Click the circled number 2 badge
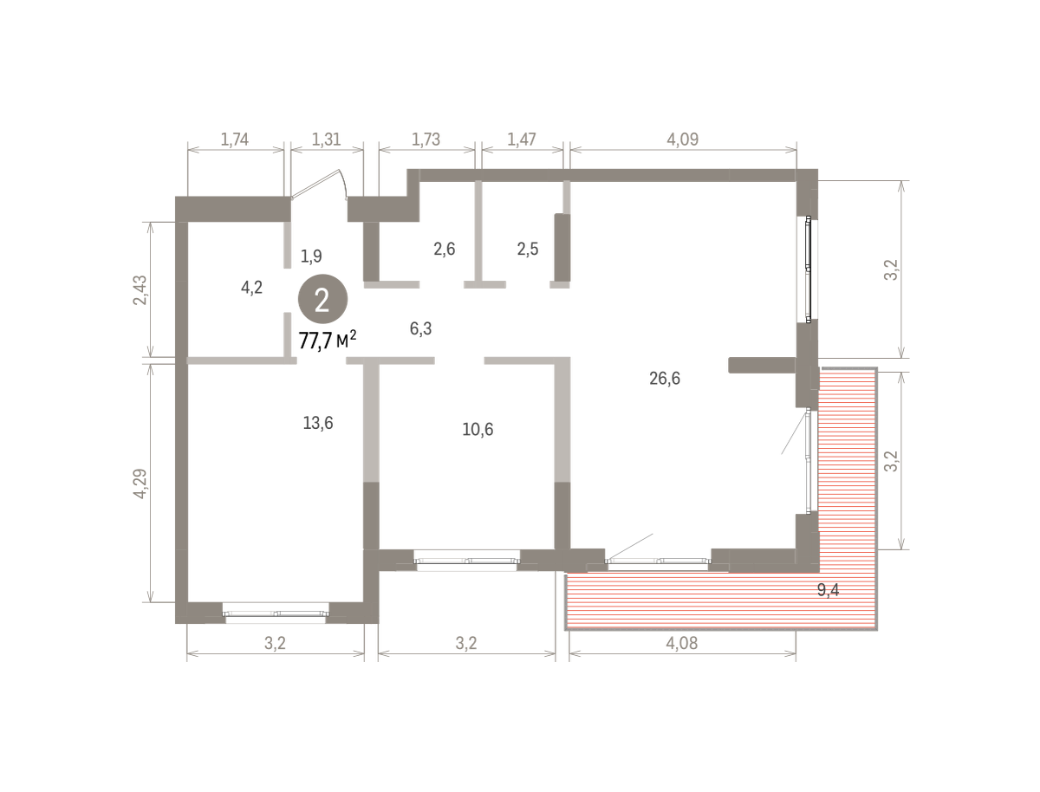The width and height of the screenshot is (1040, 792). coord(322,299)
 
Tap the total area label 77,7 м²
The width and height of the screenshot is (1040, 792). coord(328,340)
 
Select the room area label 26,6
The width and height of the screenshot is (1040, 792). coord(664,379)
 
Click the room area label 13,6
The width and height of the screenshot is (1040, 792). coord(318,423)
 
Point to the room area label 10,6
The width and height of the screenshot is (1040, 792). coord(478,429)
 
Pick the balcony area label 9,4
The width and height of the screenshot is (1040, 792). coord(829,590)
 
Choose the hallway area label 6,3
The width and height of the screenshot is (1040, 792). coord(420,328)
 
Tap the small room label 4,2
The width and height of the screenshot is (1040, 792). coord(251,288)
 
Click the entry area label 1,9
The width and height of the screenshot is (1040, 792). coord(311,256)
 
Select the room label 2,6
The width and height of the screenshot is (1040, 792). coord(445,249)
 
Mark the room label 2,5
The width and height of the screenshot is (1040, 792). coord(527,249)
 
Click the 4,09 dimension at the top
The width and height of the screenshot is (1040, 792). coord(683,140)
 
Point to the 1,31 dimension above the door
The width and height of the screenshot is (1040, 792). coord(327,140)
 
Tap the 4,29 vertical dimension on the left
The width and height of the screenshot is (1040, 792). coord(140,484)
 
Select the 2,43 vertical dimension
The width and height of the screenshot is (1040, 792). coord(140,290)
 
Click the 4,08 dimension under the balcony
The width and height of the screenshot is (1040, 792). coord(682,643)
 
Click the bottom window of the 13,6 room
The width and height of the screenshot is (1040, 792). coord(276,613)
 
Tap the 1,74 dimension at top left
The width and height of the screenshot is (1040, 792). coord(235,140)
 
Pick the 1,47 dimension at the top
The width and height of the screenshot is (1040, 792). coord(522,140)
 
